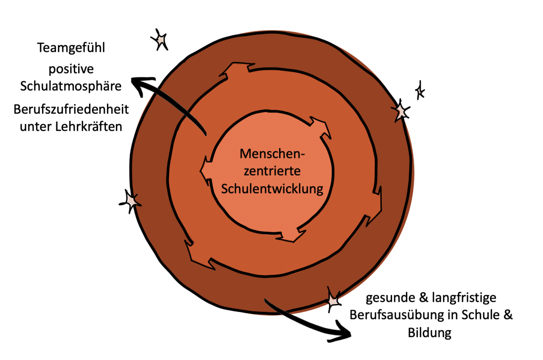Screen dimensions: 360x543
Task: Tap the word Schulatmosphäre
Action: [x=71, y=86]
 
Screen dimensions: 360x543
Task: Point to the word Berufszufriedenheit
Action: [x=71, y=109]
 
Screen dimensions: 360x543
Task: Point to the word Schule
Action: [x=483, y=315]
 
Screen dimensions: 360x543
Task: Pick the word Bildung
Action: [x=429, y=333]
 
